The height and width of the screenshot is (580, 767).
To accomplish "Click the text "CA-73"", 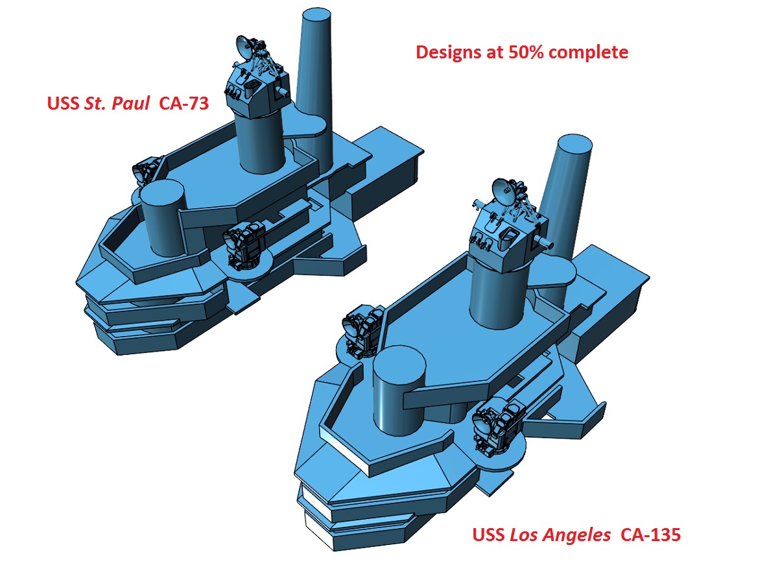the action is point(184,103).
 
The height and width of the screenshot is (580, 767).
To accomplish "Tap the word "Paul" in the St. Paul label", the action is point(130,103).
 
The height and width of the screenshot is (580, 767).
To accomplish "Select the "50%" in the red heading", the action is point(526,52).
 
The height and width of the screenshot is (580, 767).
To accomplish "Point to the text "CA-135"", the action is point(650,535).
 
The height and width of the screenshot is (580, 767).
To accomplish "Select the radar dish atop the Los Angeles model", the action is point(503,191).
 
